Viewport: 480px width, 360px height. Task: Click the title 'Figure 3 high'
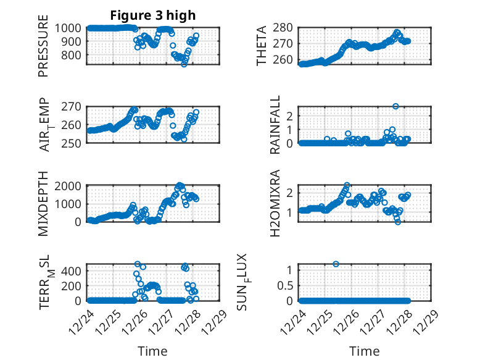[153, 15]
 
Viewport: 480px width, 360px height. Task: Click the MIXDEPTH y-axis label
[43, 203]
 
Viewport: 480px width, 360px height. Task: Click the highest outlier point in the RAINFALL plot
[395, 106]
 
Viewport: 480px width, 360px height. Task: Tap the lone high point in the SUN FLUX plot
[336, 264]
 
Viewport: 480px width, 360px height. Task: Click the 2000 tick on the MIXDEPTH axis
[70, 185]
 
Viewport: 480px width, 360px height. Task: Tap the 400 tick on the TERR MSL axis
[73, 270]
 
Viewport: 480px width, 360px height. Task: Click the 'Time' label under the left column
[152, 351]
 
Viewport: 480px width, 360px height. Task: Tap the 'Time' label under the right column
[364, 351]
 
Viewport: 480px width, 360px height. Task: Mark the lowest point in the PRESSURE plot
[184, 64]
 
